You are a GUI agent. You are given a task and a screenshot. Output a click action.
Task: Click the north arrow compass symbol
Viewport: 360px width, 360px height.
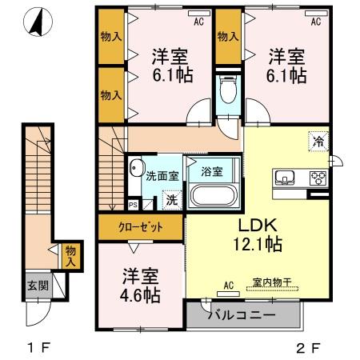(36, 22)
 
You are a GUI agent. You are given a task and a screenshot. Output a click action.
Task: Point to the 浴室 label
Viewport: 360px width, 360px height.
(211, 170)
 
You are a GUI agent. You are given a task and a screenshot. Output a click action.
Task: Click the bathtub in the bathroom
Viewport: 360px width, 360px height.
(211, 195)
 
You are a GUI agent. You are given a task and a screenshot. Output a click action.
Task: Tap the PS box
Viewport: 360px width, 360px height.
(133, 203)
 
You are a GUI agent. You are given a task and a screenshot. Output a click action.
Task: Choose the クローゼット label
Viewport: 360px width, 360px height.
(140, 227)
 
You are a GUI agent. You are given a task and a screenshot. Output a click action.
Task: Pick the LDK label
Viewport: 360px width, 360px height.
(258, 226)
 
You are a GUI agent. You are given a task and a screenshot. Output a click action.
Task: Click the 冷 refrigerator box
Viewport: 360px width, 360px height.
(318, 141)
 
